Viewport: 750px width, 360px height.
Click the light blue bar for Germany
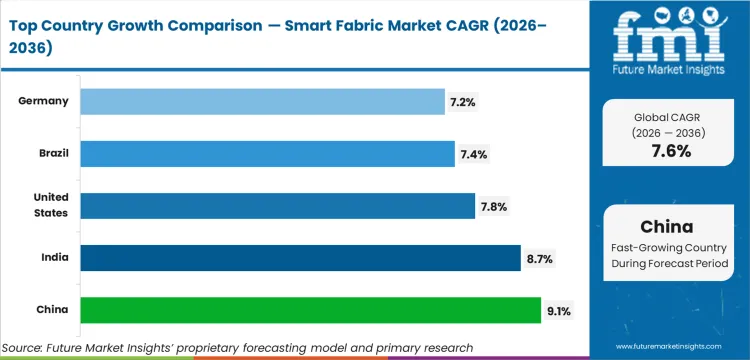tap(262, 101)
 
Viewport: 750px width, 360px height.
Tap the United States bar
tap(277, 205)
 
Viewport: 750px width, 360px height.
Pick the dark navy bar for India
tap(300, 258)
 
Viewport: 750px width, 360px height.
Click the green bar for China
tap(310, 310)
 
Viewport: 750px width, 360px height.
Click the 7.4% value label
tap(475, 154)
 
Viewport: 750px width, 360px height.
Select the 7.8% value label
tap(495, 206)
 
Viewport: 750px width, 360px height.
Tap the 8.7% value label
tap(540, 259)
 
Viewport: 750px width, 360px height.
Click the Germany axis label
tap(42, 101)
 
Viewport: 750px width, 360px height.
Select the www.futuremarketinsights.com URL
tap(676, 347)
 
